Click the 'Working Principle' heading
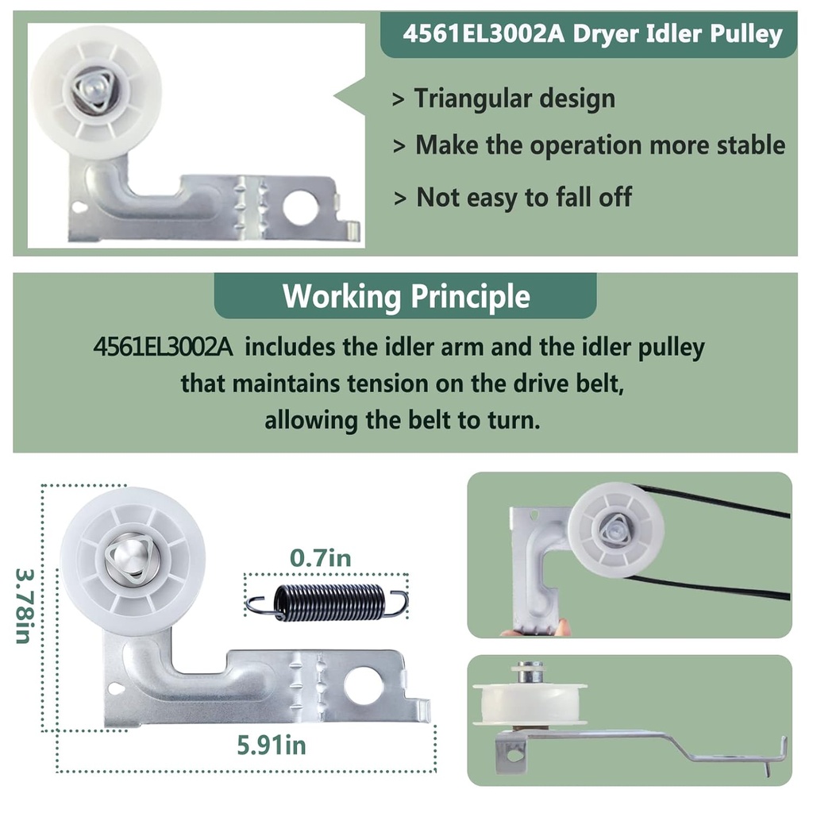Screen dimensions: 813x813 [x=406, y=296]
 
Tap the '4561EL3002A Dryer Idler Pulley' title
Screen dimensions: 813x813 [x=591, y=35]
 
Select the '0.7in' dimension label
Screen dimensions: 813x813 [x=321, y=558]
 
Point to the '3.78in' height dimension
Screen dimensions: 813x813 [x=23, y=606]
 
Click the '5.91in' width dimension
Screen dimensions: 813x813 [x=272, y=746]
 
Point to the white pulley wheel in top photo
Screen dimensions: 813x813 [x=95, y=87]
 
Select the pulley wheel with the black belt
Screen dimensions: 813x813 [x=616, y=530]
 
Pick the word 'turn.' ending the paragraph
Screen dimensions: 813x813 [x=513, y=419]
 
